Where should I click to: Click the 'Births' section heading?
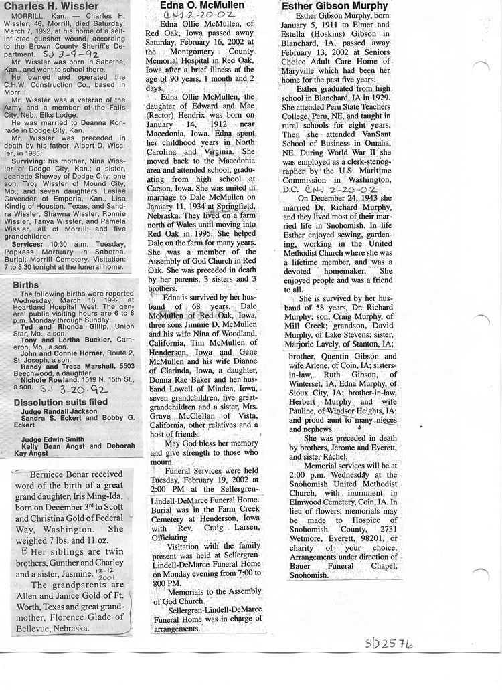click(26, 285)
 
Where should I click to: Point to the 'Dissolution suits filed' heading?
click(61, 402)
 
